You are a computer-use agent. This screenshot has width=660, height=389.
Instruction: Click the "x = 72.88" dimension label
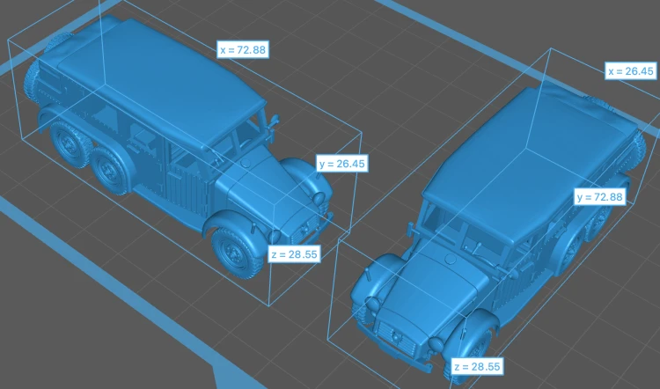[x=243, y=49]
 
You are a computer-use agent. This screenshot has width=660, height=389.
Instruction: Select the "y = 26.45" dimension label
[x=341, y=164]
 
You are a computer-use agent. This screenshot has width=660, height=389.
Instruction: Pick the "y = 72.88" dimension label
[x=600, y=196]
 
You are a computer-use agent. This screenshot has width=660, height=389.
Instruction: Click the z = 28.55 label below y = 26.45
[x=294, y=253]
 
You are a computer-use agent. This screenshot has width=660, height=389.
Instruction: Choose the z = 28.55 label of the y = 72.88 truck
[x=477, y=366]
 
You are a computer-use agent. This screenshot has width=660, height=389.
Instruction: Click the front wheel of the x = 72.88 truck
[x=236, y=252]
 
